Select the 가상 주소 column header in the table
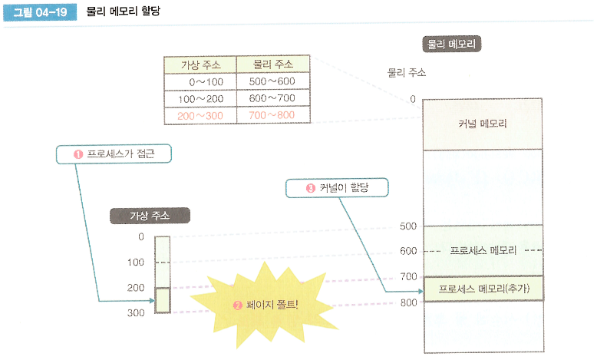200,64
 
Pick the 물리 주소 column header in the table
272,64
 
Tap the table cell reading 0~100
200,81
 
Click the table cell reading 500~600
272,81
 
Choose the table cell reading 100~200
200,98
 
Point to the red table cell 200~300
200,115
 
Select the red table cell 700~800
272,115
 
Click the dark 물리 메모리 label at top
452,44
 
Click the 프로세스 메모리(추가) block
483,289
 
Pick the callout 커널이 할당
337,187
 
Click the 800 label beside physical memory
408,302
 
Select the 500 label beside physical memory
408,226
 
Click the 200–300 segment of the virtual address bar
162,300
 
